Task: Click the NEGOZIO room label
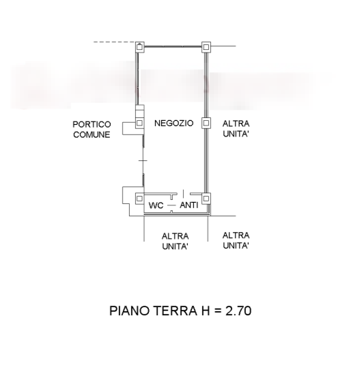174,124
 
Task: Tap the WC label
156,205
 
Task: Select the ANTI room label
189,205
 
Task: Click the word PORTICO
92,124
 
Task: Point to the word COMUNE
92,134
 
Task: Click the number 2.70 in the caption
238,310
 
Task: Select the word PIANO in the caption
130,310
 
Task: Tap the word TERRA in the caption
175,310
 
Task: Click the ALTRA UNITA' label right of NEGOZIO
236,129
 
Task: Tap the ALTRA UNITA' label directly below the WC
175,242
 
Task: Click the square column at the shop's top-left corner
139,47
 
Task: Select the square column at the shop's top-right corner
206,47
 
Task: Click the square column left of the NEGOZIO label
139,124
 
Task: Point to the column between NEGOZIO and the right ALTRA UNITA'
206,123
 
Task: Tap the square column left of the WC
139,199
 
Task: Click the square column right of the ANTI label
206,199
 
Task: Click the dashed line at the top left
115,42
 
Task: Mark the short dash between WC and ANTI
171,205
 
